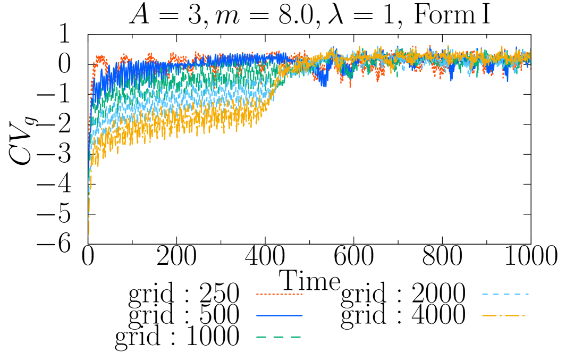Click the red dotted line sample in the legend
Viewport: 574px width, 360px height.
click(x=279, y=294)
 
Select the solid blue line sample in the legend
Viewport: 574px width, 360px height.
click(x=279, y=315)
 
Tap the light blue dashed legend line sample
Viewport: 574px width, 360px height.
click(x=505, y=294)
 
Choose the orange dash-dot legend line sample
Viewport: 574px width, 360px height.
click(x=503, y=315)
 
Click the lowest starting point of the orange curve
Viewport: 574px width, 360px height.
click(x=89, y=232)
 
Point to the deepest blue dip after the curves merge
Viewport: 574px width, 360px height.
click(x=324, y=84)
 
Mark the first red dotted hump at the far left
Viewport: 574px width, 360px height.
click(x=100, y=57)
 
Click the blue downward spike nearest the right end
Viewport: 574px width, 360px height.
click(x=507, y=80)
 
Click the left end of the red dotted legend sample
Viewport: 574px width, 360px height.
click(x=257, y=294)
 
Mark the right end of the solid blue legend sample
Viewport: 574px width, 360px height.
click(x=301, y=315)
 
